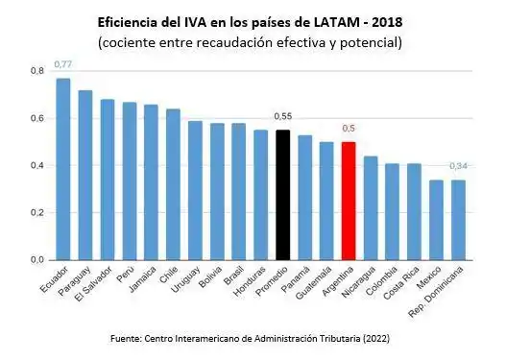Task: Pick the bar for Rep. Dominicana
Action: point(458,220)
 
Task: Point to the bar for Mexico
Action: point(436,220)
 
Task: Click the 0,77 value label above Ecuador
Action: point(62,63)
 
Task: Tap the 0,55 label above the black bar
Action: point(282,116)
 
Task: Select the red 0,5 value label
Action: point(349,128)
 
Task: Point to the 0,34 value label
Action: point(459,166)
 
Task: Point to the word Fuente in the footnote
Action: point(130,337)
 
